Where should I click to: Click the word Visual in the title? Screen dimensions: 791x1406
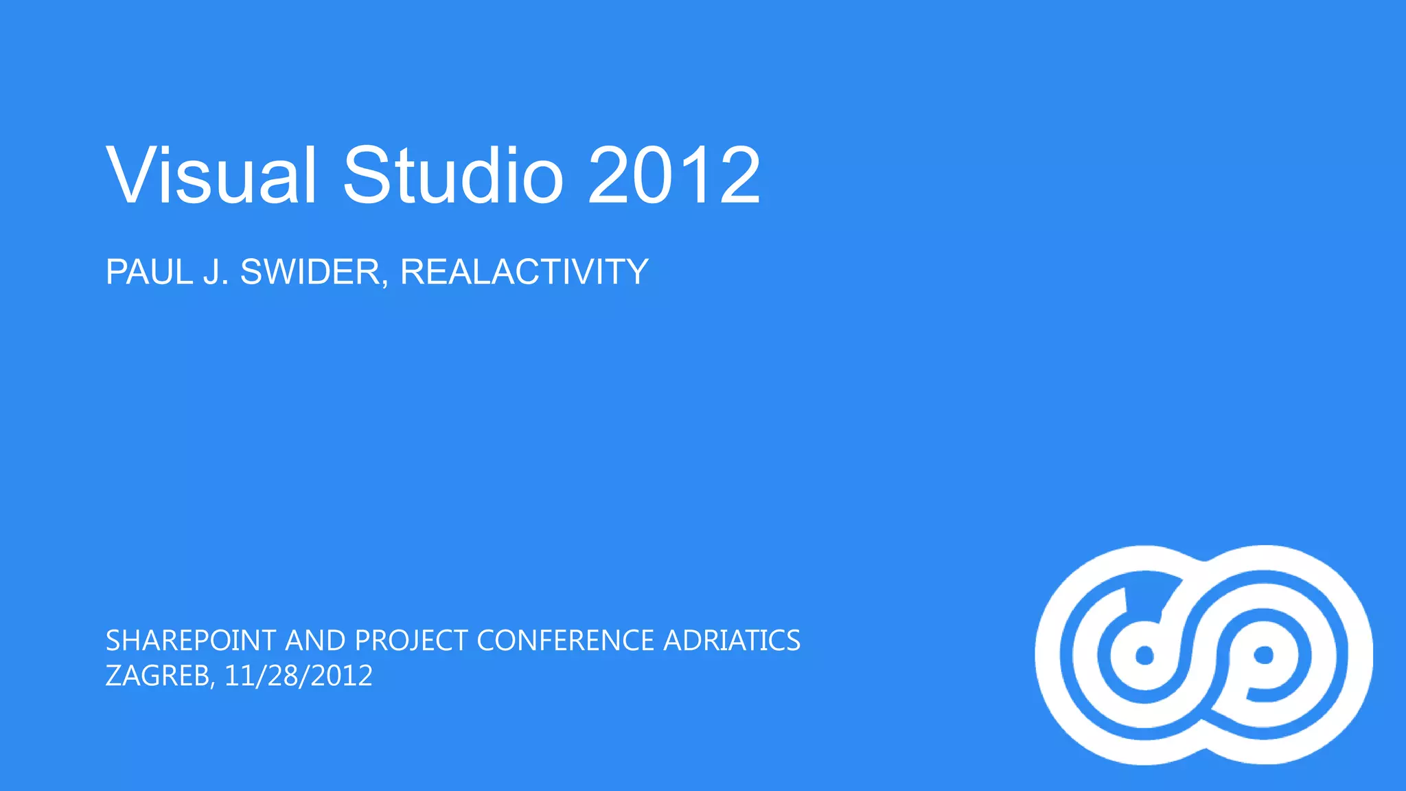211,176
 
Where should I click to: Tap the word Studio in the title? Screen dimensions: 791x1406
453,176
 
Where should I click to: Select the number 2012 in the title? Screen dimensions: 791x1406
674,176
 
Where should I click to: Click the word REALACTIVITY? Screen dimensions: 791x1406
524,272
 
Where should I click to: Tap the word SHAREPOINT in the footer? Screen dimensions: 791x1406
191,641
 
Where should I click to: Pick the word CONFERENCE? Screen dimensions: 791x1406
565,641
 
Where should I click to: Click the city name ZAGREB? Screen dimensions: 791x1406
160,676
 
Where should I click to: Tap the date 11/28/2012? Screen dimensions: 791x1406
298,676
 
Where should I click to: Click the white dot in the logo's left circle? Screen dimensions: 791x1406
1144,656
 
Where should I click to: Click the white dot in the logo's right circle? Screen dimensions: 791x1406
1264,655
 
